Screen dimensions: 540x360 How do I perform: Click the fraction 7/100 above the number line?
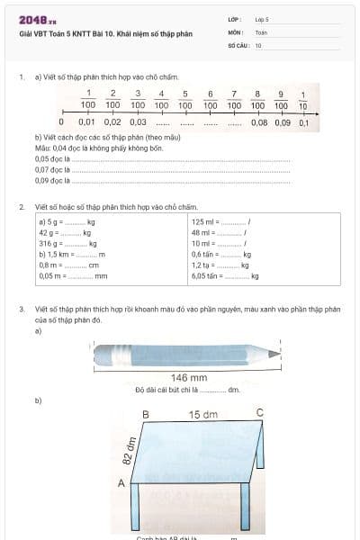(x=233, y=99)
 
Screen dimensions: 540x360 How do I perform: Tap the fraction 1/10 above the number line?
(x=303, y=100)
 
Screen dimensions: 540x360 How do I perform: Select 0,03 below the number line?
(x=137, y=121)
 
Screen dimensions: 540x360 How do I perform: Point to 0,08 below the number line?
(x=258, y=121)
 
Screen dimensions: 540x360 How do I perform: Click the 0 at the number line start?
(x=61, y=121)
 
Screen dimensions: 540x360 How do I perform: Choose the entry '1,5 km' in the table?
(x=53, y=254)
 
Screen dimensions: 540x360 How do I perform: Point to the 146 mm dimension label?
(x=189, y=377)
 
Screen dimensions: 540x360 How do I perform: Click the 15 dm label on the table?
(x=202, y=414)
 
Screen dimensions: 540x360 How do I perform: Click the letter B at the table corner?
(x=146, y=414)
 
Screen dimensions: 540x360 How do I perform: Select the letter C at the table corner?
(x=260, y=413)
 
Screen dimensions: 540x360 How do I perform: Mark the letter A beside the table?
(x=121, y=483)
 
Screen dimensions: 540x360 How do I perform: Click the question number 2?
(x=22, y=206)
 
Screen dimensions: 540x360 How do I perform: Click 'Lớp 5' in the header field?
(x=262, y=19)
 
